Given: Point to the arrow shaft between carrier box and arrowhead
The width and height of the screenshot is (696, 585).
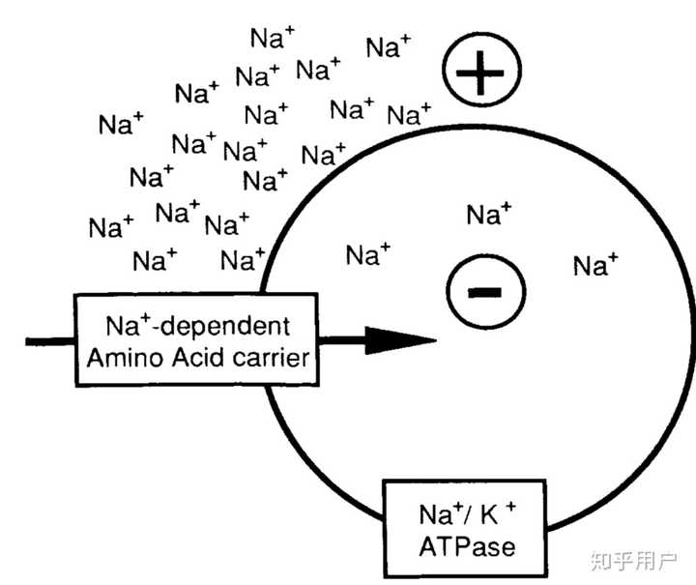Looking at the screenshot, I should pos(343,340).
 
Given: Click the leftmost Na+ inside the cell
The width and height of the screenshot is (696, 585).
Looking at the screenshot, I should pos(368,254).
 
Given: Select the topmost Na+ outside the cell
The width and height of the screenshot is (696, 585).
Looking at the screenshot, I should pos(273,38).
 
